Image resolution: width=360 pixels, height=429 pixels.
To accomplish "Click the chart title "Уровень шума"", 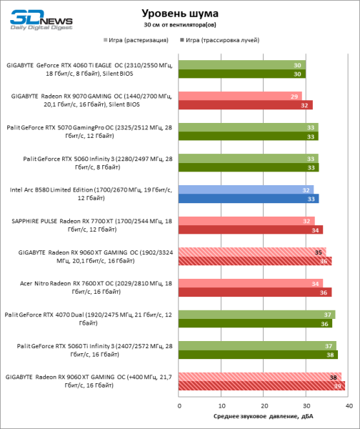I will click(x=180, y=14).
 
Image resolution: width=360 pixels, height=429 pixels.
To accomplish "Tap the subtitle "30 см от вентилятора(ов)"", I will click(x=180, y=25).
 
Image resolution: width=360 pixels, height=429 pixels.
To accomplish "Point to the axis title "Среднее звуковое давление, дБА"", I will click(x=263, y=416).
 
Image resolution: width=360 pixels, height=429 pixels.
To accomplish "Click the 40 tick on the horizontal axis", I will click(x=349, y=405).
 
